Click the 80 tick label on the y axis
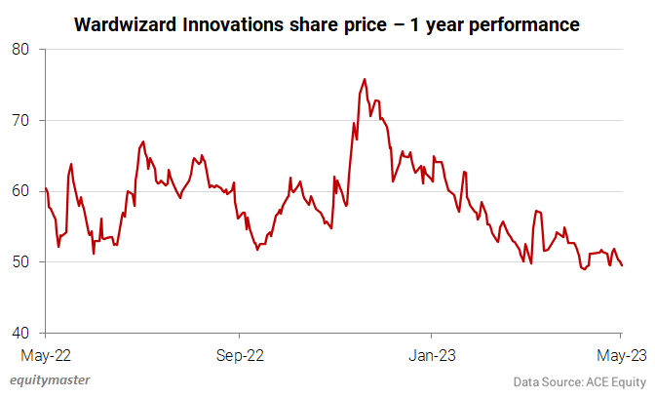(x=21, y=49)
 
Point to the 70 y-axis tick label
(x=21, y=120)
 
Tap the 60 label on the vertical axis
(x=21, y=191)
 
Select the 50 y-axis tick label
(x=21, y=262)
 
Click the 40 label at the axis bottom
(x=21, y=334)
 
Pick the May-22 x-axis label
(x=46, y=355)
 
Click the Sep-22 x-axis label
(x=240, y=355)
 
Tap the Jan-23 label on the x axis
(x=430, y=355)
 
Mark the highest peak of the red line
(x=365, y=79)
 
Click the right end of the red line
(x=623, y=265)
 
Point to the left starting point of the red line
(x=46, y=187)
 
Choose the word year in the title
(x=448, y=22)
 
